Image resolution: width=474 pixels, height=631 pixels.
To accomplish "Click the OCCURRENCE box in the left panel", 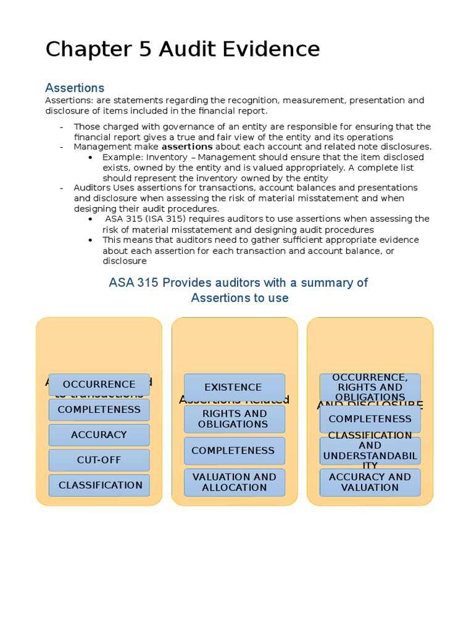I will coord(99,384).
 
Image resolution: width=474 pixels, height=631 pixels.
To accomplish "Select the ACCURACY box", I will coord(99,434).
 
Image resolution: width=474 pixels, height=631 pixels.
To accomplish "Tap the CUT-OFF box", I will coord(99,460).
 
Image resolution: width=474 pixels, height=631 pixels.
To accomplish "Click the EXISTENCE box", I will coord(234,387).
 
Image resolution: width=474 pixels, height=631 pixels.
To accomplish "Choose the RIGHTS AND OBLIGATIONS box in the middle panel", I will coord(234,419).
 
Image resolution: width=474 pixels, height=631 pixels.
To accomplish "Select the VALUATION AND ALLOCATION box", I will coord(234,482).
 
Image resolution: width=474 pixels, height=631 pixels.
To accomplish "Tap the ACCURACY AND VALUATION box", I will coord(370,482).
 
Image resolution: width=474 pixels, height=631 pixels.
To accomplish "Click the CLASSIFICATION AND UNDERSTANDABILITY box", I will coord(370,450).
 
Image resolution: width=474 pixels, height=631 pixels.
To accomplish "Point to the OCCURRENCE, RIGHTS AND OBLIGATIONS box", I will coord(370,387).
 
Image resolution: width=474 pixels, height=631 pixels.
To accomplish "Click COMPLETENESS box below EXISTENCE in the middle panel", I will coord(234,450).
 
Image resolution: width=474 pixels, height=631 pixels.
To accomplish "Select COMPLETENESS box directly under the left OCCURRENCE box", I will coord(99,409).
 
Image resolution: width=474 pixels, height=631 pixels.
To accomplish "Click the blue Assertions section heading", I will coord(75,88).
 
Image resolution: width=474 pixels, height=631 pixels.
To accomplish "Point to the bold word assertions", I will coord(186,147).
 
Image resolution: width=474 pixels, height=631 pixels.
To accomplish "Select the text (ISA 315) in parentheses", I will coord(167,219).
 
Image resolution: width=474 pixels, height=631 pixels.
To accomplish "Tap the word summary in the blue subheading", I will coord(318,283).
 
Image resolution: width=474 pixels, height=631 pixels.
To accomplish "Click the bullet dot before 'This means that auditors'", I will coord(91,240).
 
